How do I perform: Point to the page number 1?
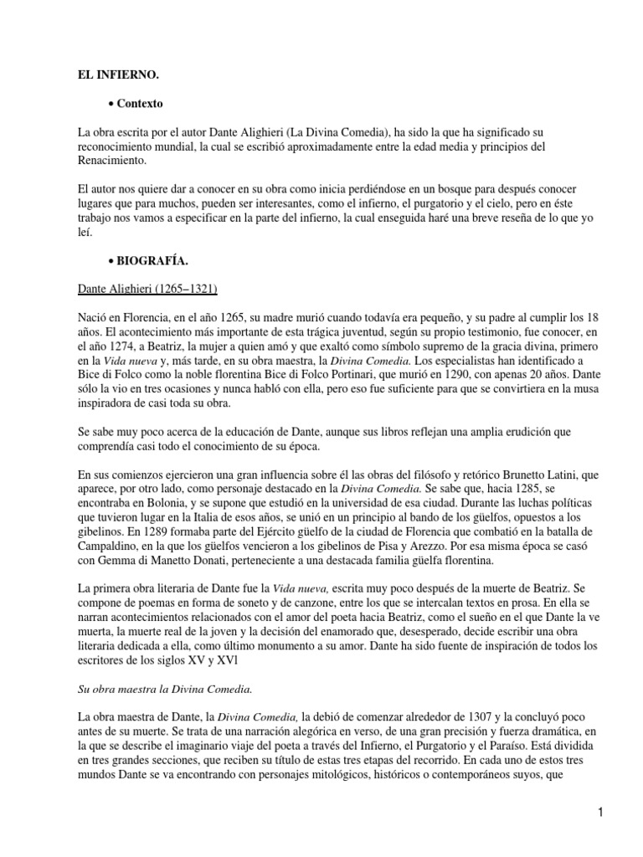600,812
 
